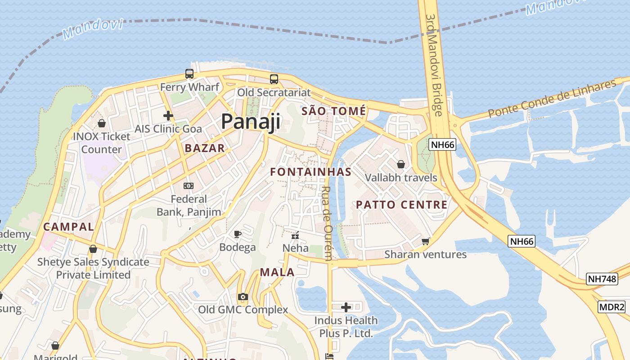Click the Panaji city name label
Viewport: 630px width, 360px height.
click(x=251, y=121)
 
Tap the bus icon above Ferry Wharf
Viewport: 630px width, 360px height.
click(x=189, y=74)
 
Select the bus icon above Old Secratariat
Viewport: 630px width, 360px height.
click(x=274, y=79)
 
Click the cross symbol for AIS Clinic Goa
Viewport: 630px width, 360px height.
click(x=168, y=116)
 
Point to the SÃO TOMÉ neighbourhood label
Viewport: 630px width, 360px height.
click(x=333, y=111)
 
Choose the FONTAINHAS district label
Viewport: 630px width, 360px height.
click(x=310, y=172)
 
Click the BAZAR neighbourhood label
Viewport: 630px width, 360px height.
click(x=205, y=148)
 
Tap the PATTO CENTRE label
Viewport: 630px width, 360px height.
click(x=402, y=205)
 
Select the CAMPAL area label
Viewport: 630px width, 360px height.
click(x=69, y=226)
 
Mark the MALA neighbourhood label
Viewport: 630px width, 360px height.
click(x=277, y=272)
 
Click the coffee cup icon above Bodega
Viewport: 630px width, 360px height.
click(x=238, y=234)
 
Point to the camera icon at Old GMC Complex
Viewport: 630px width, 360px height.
click(x=243, y=297)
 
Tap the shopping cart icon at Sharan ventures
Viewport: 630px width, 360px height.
click(x=425, y=241)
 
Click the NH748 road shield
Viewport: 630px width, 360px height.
click(x=602, y=279)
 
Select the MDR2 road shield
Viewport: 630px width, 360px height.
click(x=612, y=307)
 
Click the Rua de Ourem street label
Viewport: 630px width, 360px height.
click(x=328, y=223)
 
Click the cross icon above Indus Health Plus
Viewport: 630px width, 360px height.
click(x=346, y=307)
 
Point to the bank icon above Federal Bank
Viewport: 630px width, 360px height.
click(x=189, y=185)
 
